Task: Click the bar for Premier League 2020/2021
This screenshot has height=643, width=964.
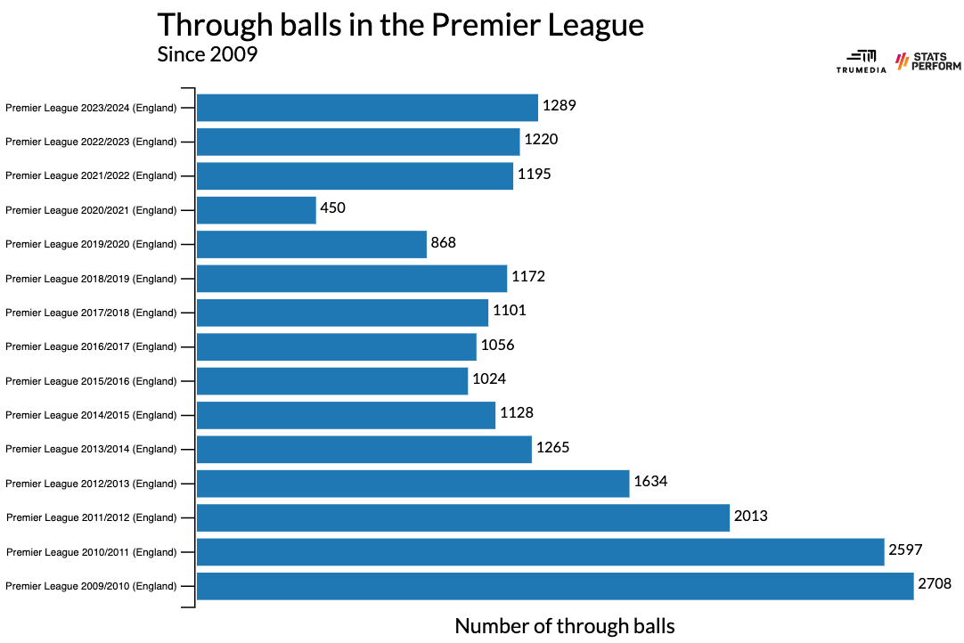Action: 257,210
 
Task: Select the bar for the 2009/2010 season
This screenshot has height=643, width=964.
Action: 555,586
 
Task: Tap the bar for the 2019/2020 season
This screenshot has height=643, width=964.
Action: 312,244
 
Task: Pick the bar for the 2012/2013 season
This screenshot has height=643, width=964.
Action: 413,484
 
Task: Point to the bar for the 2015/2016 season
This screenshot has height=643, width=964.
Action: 332,381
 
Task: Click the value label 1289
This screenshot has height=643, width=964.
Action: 560,106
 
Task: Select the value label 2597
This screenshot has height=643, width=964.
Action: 905,551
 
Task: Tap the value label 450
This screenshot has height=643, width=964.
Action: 332,208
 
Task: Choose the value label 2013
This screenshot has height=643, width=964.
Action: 750,517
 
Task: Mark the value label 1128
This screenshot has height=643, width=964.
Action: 517,414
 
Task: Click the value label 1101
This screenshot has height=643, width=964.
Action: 510,312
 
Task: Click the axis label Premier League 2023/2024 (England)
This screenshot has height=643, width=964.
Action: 91,108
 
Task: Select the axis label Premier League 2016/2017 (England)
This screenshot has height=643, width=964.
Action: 91,346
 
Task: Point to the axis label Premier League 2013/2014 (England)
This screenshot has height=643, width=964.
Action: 91,449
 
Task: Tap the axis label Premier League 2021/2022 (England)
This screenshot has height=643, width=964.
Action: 91,176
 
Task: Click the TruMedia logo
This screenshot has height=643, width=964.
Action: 861,61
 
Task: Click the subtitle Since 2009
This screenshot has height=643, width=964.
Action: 207,55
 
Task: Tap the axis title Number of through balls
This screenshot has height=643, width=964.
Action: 565,626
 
